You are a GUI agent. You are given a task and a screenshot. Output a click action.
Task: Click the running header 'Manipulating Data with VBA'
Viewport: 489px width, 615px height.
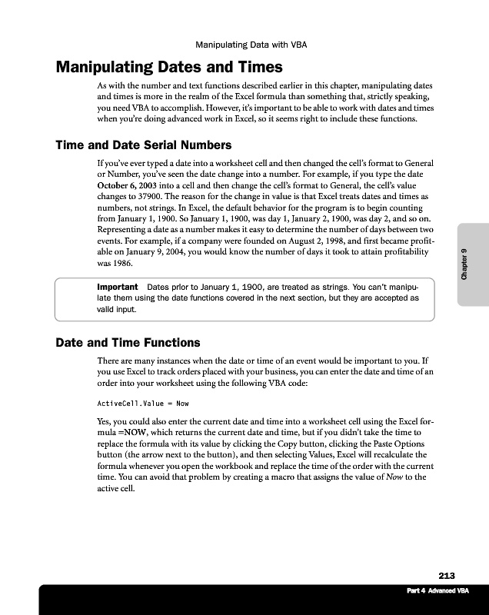pyautogui.click(x=251, y=45)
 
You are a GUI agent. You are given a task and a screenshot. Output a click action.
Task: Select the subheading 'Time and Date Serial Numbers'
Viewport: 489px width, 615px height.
pyautogui.click(x=143, y=145)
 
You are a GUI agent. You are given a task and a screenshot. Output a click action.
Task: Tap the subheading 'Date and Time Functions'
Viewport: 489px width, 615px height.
pyautogui.click(x=128, y=342)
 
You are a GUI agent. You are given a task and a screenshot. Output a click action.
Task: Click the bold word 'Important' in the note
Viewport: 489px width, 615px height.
pyautogui.click(x=117, y=287)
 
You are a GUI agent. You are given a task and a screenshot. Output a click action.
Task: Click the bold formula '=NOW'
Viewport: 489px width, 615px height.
pyautogui.click(x=129, y=432)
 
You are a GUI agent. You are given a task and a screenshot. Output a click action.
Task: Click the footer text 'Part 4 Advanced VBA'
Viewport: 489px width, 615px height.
pyautogui.click(x=437, y=590)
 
